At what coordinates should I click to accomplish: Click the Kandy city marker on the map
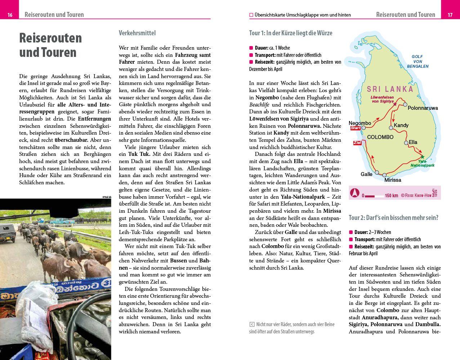point(391,127)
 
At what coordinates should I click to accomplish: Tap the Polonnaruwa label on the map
point(423,108)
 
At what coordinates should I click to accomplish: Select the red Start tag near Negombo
point(356,128)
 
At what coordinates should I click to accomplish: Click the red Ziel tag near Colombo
point(357,143)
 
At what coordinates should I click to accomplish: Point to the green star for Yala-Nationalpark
point(423,157)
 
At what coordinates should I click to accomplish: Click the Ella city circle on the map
point(406,143)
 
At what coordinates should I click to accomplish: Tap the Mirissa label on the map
point(392,180)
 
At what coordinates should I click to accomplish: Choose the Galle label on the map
point(366,174)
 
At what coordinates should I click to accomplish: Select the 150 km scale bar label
point(391,195)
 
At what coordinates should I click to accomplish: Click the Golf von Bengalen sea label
point(417,61)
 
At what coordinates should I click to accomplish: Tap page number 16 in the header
point(10,15)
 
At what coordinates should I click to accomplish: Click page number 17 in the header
point(450,15)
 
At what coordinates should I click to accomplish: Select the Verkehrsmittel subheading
point(137,33)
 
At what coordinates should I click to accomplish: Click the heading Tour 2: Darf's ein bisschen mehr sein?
point(393,217)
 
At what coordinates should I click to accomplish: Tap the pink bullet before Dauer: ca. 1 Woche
point(251,48)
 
